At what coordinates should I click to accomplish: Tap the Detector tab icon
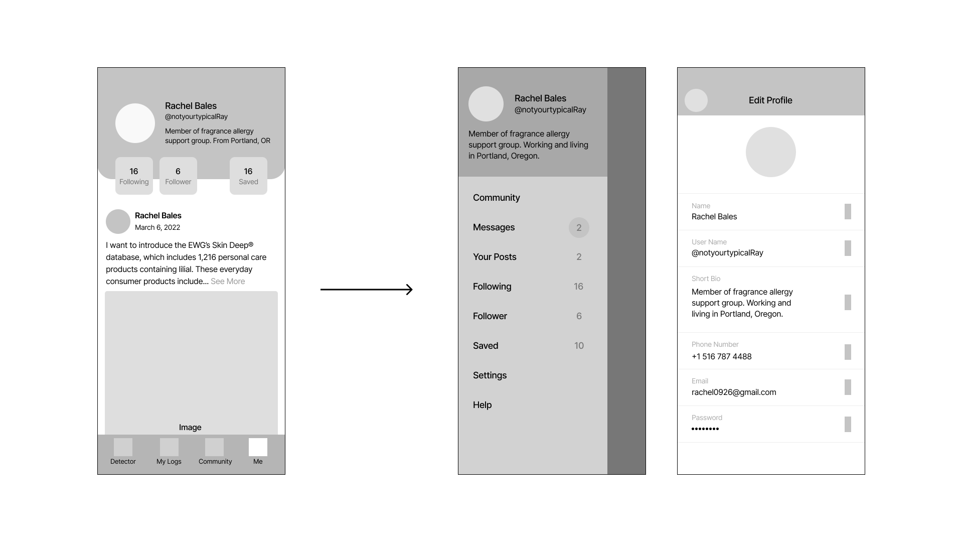123,447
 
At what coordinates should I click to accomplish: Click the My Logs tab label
169,462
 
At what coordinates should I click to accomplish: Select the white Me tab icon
258,447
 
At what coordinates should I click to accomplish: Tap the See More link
228,282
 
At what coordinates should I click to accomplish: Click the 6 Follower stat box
178,176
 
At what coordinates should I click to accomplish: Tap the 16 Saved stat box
248,176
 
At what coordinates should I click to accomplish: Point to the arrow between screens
367,290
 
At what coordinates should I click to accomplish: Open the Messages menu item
494,227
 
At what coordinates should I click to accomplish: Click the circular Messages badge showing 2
579,228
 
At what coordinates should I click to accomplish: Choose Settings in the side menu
490,375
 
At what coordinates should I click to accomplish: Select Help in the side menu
482,405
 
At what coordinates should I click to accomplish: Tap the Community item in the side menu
496,198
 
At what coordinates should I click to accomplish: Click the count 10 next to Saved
579,346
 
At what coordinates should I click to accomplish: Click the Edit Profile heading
770,100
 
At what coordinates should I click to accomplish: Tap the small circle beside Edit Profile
696,100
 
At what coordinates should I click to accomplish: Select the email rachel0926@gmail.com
734,392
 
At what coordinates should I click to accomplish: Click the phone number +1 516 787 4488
721,357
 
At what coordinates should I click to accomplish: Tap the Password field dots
705,429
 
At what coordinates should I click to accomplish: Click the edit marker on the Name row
848,211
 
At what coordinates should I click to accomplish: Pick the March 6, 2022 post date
157,227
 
